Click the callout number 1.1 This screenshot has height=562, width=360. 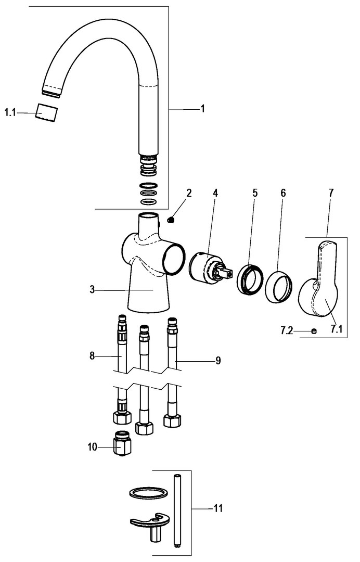(11, 112)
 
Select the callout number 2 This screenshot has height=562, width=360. (189, 193)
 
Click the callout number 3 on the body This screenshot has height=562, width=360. (92, 290)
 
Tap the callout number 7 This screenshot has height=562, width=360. (331, 193)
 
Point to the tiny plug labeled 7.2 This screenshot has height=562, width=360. (314, 330)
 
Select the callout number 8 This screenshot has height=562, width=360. (92, 356)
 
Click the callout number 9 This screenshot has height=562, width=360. (218, 360)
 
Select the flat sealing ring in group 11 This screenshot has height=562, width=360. (147, 493)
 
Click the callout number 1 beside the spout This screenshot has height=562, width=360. (203, 109)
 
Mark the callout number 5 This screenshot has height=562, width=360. (255, 193)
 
